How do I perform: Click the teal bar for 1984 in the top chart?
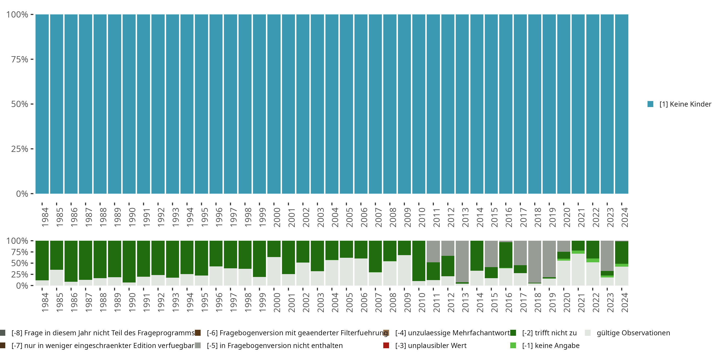coord(42,104)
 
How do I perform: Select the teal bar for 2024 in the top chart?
coord(622,104)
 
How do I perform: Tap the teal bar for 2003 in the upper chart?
coord(317,104)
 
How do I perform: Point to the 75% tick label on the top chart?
coord(20,60)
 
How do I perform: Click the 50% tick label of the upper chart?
coord(20,104)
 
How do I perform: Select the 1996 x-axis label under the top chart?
coord(219,217)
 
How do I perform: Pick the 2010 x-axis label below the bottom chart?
coord(422,302)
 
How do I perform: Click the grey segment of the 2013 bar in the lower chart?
coord(462,261)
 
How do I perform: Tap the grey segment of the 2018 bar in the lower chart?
coord(535,261)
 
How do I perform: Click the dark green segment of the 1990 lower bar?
coord(129,261)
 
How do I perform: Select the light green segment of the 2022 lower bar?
coord(593,260)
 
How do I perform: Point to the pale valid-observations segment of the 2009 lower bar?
coord(404,270)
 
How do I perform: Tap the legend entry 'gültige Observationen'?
coord(633,333)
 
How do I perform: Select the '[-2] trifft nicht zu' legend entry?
coord(549,333)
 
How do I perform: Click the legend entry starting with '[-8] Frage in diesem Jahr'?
coord(102,333)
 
